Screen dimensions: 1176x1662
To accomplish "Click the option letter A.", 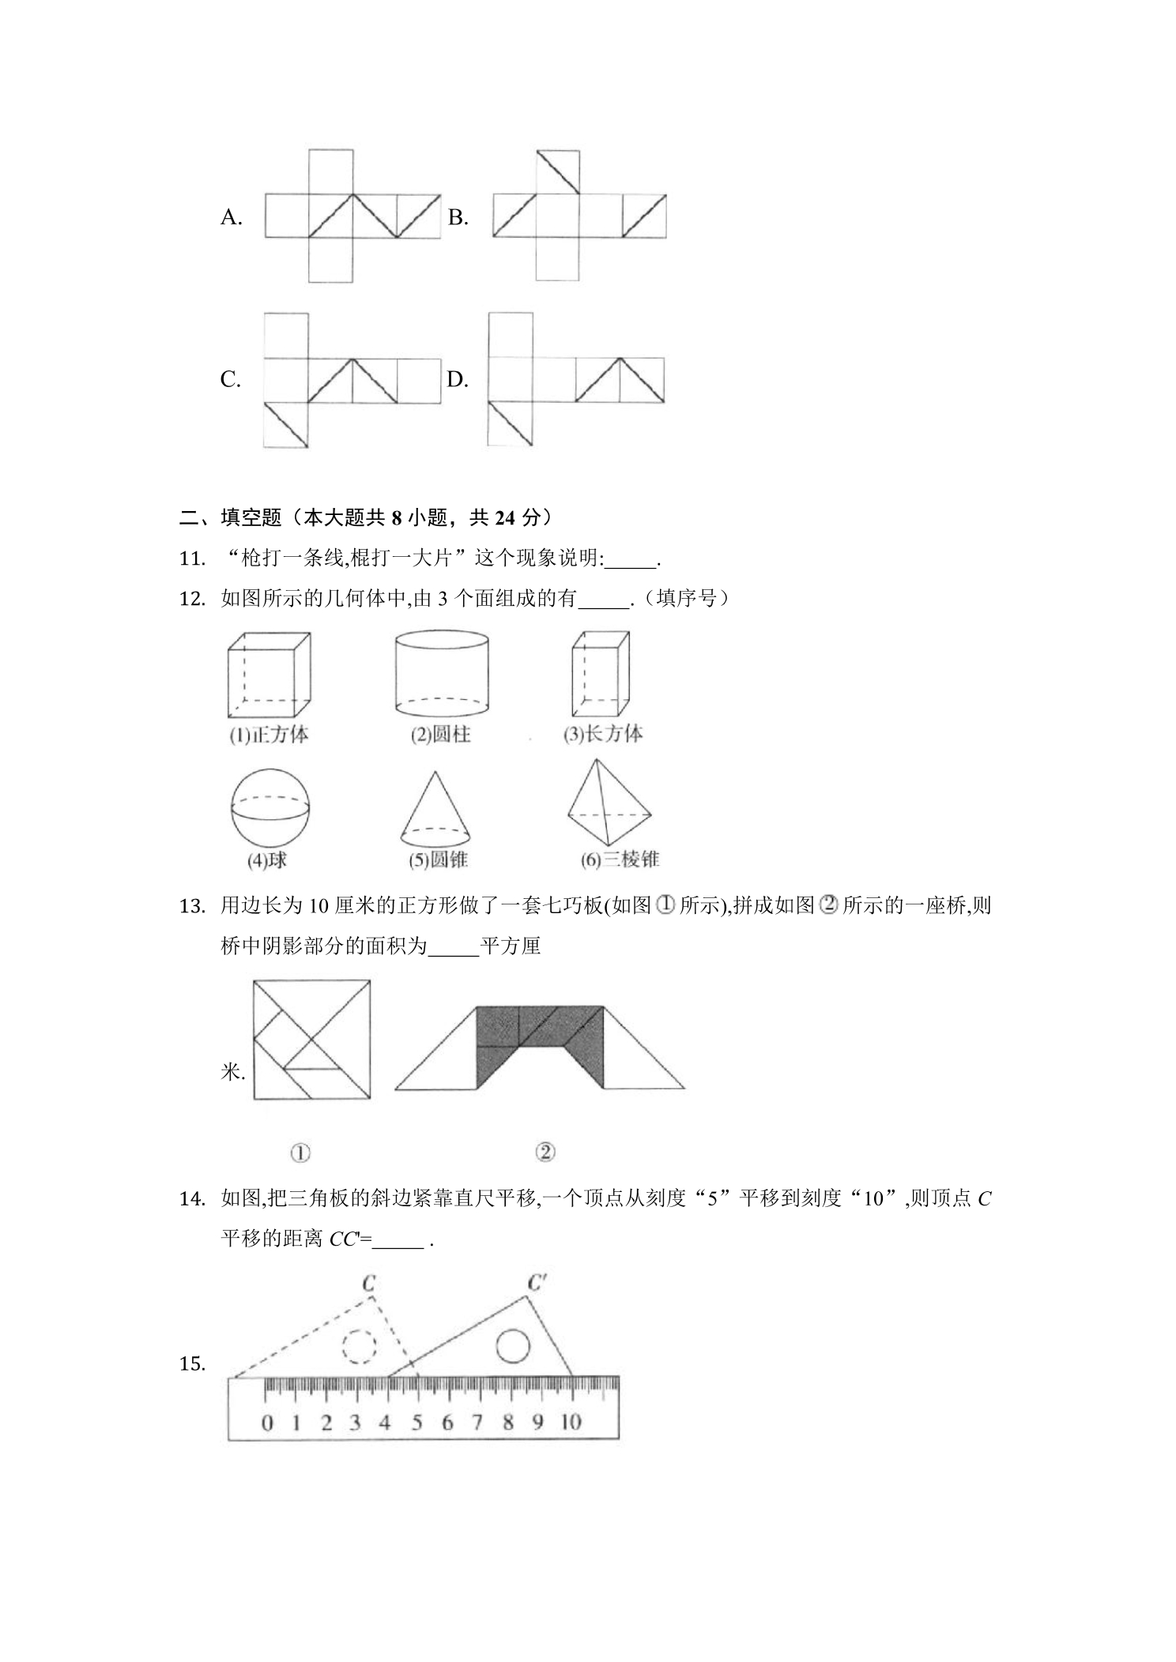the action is pos(231,217).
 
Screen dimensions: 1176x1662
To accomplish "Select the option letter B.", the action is pos(458,217).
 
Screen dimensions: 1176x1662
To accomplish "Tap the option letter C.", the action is pos(230,380).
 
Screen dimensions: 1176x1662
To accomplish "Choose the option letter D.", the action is pos(458,380).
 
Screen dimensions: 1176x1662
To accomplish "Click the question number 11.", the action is pos(192,558).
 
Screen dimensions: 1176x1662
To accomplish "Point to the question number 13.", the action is pos(192,906).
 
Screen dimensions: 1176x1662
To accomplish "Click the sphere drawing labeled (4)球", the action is pos(270,808).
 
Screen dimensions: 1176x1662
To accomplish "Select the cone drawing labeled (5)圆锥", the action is pos(436,808).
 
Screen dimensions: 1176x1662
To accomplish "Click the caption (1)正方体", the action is pos(269,735).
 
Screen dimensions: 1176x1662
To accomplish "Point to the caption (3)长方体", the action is pos(603,735).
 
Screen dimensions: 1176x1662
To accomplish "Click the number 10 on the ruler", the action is pos(571,1423).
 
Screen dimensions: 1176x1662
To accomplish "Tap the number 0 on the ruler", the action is pos(267,1423).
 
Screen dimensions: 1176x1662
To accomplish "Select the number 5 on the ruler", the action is pos(416,1423).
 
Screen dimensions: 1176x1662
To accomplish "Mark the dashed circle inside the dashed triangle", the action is pos(360,1346).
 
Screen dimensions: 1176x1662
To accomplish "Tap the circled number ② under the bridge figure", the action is pos(545,1153).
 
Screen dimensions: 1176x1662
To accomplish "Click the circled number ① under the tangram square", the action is pos(300,1153).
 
